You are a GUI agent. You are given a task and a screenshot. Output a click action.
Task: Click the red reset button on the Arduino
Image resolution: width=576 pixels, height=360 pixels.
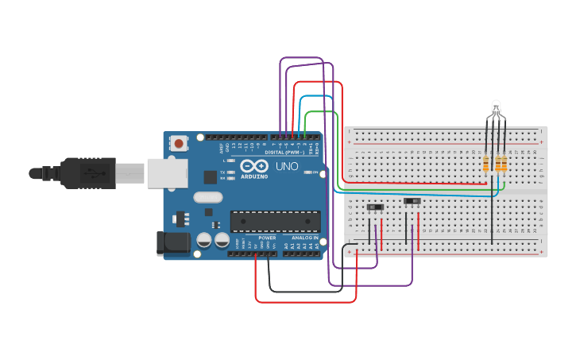coord(180,144)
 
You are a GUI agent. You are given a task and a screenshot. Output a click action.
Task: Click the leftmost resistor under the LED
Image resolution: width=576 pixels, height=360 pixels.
coord(486,164)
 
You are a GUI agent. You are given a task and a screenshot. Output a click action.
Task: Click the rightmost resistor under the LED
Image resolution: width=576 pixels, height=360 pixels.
coord(503,164)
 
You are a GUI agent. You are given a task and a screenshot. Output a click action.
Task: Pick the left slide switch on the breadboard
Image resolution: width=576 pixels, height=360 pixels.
coord(376,207)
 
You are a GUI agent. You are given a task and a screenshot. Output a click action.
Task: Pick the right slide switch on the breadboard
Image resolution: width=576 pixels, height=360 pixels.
coord(412,201)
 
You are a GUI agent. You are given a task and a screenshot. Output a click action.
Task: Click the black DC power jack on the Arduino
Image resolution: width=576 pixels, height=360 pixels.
coord(175,242)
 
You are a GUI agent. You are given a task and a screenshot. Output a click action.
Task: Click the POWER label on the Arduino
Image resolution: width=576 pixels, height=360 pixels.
coord(267,238)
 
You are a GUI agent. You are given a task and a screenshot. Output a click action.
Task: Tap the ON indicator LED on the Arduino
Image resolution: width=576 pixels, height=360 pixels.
coord(316,172)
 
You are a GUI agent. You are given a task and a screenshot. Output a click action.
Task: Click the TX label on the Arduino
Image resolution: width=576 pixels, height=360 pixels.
coord(223,172)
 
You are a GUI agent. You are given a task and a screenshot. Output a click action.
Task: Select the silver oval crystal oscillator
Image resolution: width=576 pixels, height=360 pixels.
coord(207,199)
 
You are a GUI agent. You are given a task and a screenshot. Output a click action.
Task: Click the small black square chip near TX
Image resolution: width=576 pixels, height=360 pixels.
coord(210,177)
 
